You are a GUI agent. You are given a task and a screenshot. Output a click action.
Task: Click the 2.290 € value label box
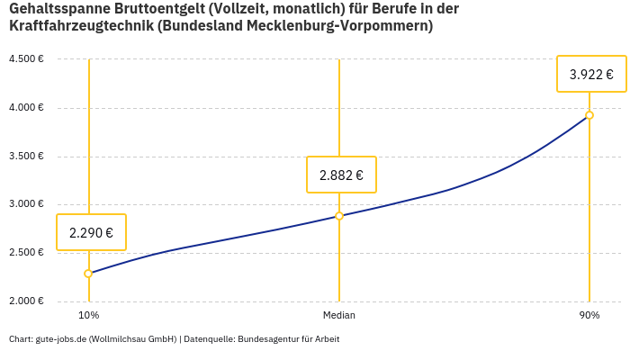tap(91, 232)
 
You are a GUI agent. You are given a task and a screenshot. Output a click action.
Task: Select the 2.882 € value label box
tap(341, 175)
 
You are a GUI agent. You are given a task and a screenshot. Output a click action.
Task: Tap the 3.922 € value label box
tap(591, 74)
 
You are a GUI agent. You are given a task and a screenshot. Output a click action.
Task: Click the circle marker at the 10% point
tap(88, 274)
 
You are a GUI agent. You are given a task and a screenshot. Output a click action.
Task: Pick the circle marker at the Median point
tap(339, 216)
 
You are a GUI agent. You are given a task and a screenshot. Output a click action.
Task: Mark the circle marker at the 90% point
tap(589, 115)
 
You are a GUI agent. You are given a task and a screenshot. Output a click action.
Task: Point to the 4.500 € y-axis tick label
tap(26, 59)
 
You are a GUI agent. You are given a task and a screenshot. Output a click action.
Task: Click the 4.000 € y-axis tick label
tap(26, 108)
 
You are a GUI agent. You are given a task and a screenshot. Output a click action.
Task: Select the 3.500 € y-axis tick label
tap(26, 157)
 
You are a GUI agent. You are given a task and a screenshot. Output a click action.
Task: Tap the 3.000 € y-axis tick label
tap(26, 204)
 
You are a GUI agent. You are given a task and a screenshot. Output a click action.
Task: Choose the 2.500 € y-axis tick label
tap(26, 253)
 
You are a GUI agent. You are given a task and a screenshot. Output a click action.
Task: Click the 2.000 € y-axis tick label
tap(26, 301)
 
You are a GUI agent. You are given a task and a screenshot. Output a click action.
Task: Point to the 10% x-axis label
tap(88, 316)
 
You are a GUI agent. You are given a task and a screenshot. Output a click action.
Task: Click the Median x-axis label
tap(339, 316)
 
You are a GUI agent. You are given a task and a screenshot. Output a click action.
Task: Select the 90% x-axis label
tap(589, 316)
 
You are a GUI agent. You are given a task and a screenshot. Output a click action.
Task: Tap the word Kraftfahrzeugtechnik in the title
tap(80, 26)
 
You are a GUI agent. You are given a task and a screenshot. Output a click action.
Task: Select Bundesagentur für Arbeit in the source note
tap(289, 339)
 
